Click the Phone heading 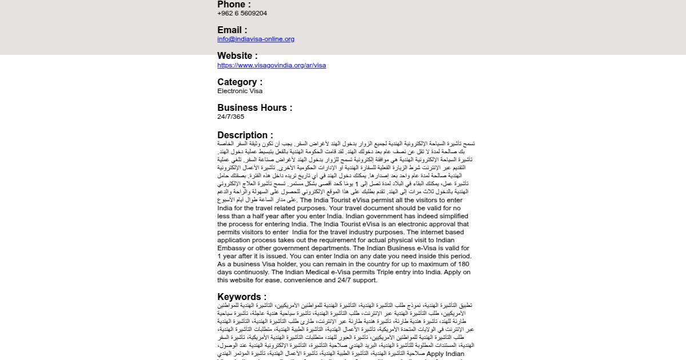[x=234, y=5]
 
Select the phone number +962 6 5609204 [x=242, y=13]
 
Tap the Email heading [x=232, y=30]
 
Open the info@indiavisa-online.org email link [x=256, y=39]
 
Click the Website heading [x=237, y=56]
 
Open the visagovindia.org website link [x=272, y=65]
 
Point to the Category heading [x=240, y=82]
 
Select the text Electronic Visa [x=240, y=91]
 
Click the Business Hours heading [x=255, y=108]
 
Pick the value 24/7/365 [x=230, y=117]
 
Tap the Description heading [x=245, y=135]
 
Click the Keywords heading [x=242, y=297]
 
